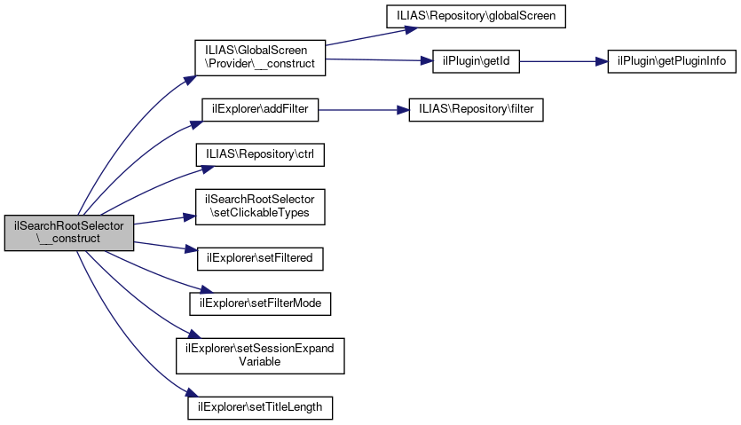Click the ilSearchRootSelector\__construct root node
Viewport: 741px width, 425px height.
click(x=68, y=232)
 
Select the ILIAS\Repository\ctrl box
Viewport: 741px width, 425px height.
click(x=261, y=153)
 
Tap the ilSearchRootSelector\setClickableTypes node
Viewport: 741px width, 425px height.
click(x=261, y=206)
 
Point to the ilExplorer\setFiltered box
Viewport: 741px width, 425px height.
click(x=261, y=258)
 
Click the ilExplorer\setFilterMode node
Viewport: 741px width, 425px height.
click(x=261, y=303)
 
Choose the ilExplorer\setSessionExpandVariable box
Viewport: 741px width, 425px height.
click(x=260, y=355)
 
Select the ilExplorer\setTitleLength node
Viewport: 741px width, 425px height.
click(x=261, y=407)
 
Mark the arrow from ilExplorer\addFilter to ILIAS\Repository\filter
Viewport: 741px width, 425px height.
click(x=363, y=110)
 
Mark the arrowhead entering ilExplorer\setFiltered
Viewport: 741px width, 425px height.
click(x=190, y=254)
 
